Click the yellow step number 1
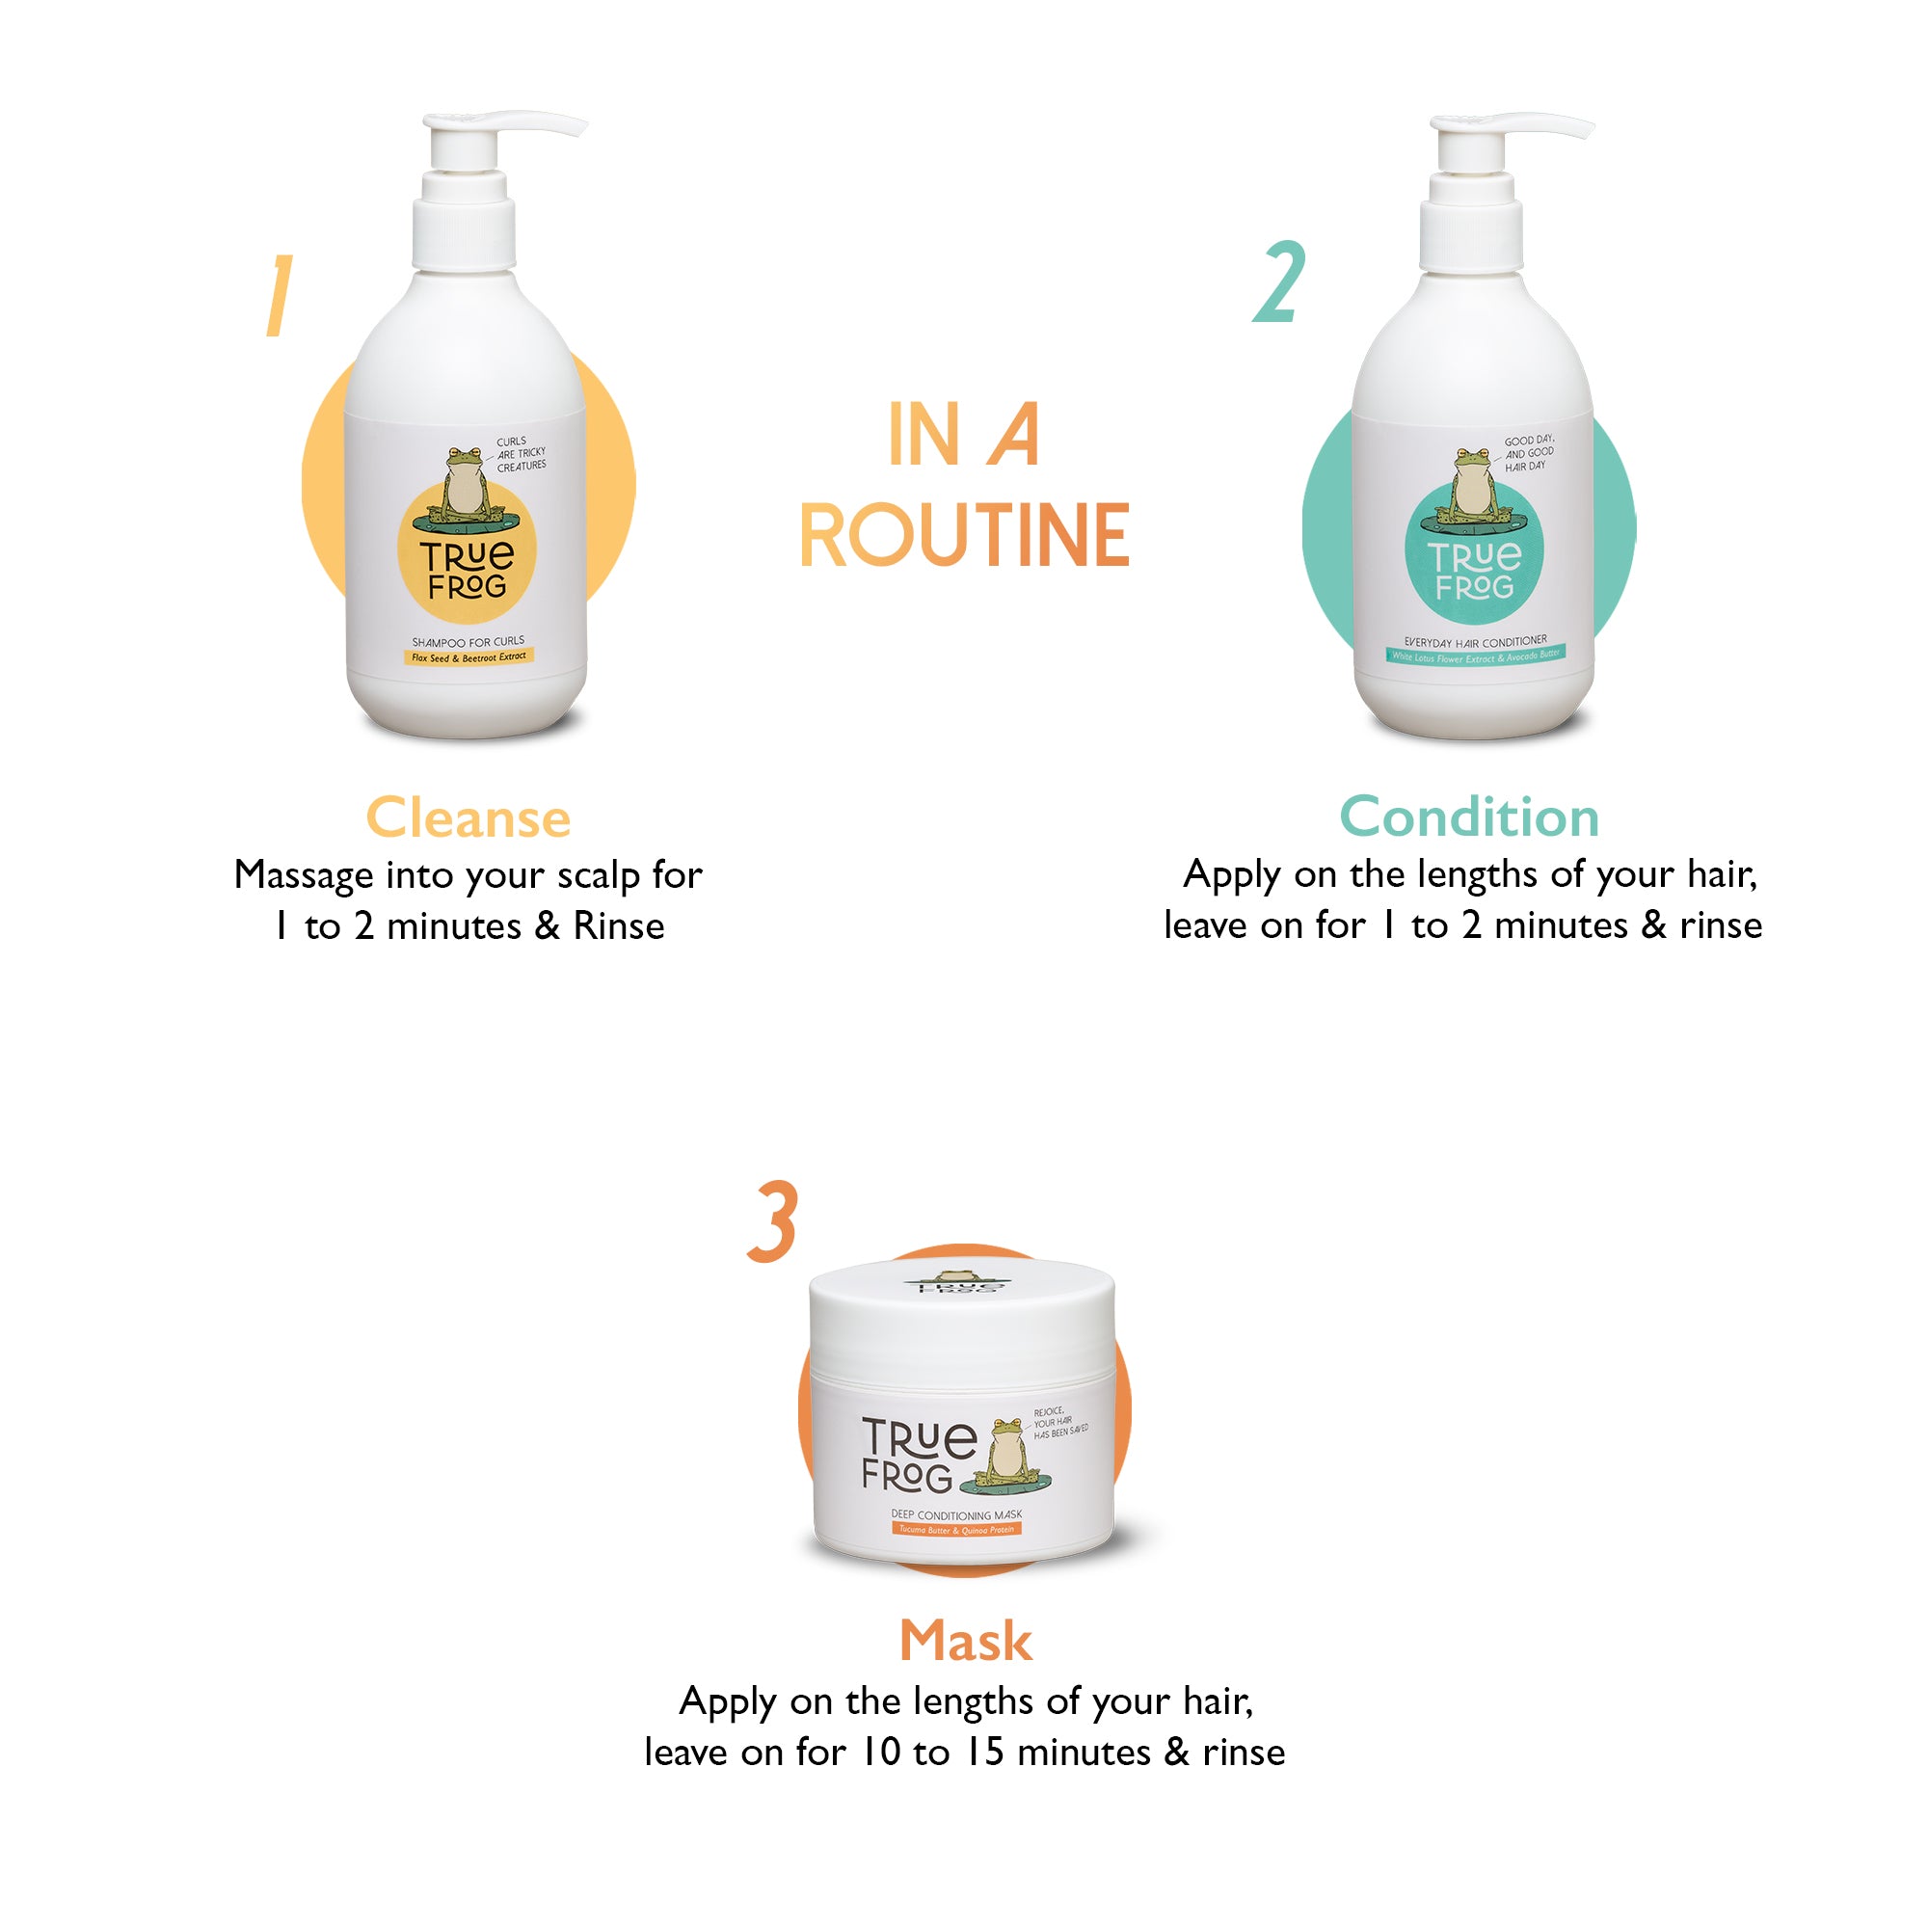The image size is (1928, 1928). coord(280,295)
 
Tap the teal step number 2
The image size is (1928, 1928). coord(1280,282)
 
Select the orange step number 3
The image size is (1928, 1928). coord(773,1221)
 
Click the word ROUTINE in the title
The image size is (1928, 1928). coord(964,537)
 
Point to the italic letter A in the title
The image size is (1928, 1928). coord(1014,435)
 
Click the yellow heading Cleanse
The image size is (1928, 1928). coord(469,818)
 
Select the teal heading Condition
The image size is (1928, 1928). coord(1469,817)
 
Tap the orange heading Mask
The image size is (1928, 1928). coord(965,1642)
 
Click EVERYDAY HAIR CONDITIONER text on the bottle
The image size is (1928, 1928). coord(1475,642)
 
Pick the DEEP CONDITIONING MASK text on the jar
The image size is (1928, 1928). coord(956,1513)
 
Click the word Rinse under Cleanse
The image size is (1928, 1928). coord(619,927)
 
